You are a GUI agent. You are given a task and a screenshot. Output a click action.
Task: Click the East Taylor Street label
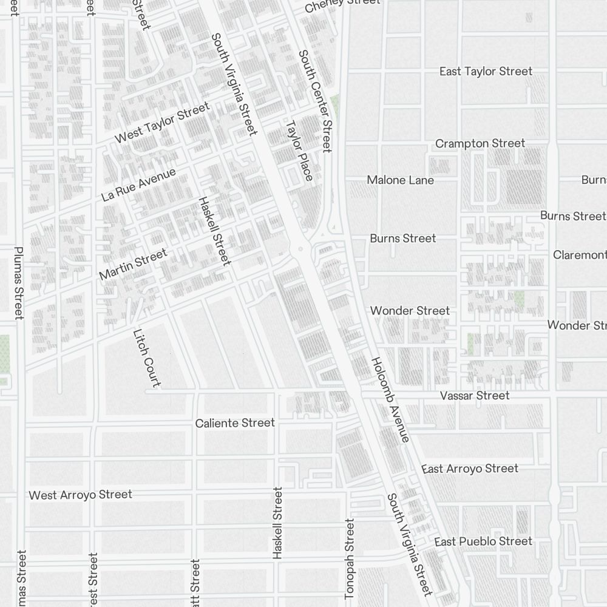click(x=486, y=72)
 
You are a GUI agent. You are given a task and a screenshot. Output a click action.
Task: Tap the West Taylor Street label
click(x=162, y=123)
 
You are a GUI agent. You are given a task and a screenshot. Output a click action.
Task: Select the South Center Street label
click(x=315, y=101)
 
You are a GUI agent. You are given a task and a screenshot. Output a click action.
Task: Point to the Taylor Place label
click(x=299, y=151)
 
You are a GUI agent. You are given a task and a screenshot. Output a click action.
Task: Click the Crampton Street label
click(x=480, y=143)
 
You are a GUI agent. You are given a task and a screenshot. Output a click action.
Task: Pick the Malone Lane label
click(x=400, y=180)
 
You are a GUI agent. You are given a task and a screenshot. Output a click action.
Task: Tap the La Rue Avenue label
click(x=138, y=185)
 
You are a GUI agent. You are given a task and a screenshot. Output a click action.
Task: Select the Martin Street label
click(x=132, y=265)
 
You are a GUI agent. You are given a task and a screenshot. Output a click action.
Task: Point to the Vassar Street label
click(x=475, y=396)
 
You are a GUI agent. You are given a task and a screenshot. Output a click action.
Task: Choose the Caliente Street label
click(x=235, y=423)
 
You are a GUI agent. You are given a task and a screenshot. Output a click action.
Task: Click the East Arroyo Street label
click(x=470, y=469)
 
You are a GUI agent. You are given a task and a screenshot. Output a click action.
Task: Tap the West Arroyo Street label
click(x=80, y=495)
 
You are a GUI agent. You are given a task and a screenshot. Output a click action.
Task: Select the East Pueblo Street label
click(x=483, y=541)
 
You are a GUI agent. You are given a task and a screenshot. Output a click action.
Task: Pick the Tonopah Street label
click(x=350, y=557)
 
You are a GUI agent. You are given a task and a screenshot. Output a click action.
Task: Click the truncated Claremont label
click(x=580, y=255)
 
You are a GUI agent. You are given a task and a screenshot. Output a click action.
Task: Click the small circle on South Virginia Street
click(x=299, y=249)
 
